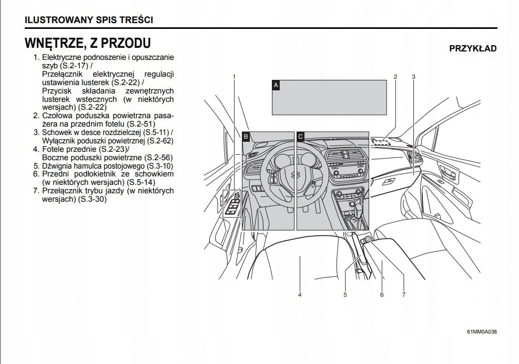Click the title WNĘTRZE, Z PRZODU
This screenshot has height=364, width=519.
pos(88,43)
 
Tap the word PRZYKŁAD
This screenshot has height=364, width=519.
pos(473,49)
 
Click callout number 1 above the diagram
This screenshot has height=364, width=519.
pos(234,77)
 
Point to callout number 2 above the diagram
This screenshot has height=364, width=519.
pos(395,77)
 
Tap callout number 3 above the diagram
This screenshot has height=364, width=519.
pos(414,77)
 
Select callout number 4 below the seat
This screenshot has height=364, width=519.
pos(300,295)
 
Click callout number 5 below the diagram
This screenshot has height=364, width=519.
pos(345,295)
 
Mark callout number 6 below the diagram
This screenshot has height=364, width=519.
pos(382,295)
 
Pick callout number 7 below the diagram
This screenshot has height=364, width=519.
pos(403,295)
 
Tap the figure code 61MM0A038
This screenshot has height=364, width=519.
pos(482,332)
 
